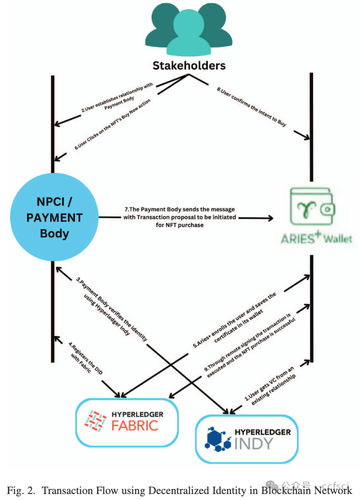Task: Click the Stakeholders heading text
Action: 189,65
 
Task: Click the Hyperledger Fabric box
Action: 127,422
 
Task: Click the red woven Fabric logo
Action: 96,422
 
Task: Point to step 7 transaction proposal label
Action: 180,217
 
